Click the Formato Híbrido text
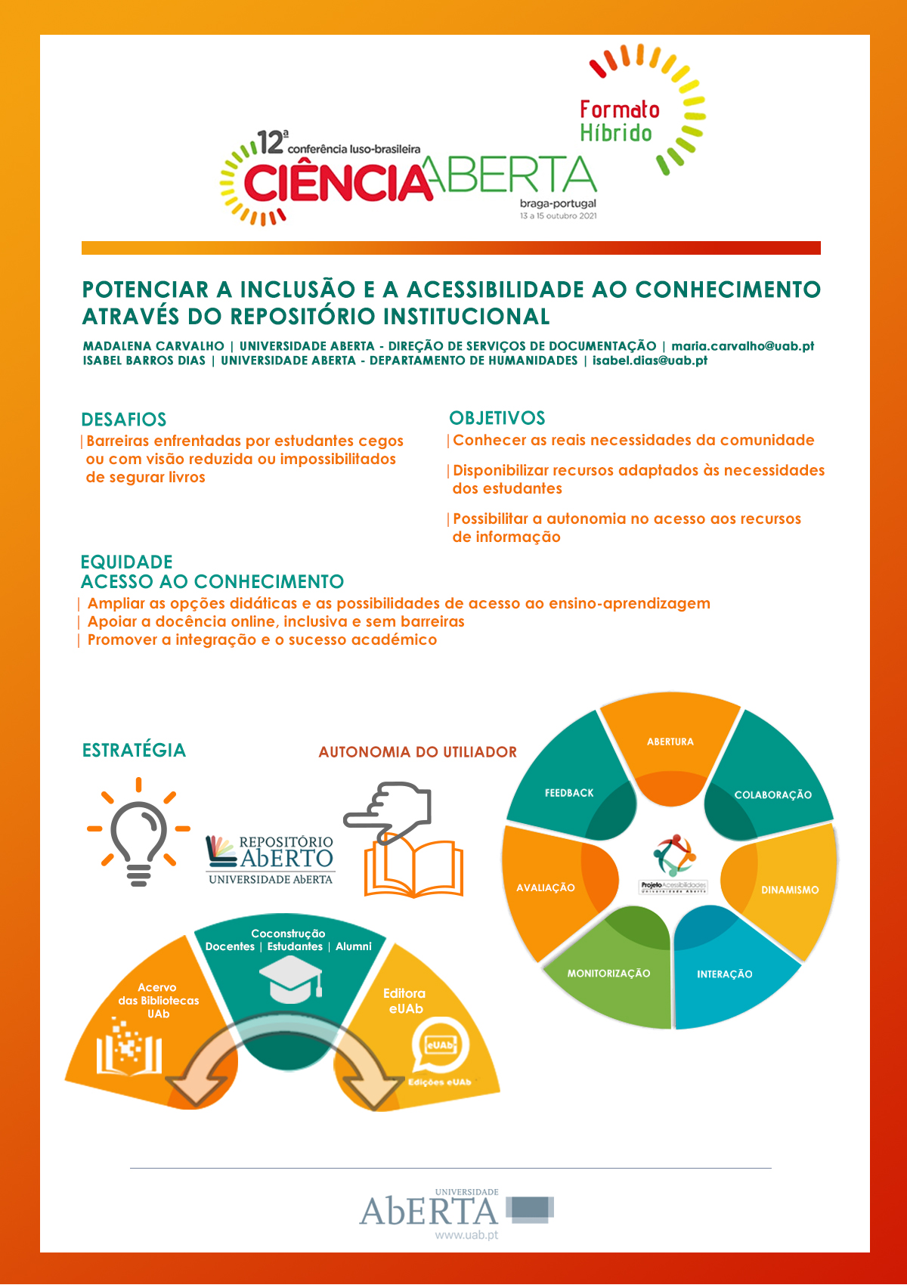click(x=619, y=121)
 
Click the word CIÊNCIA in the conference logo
click(x=336, y=182)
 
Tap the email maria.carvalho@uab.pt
click(x=742, y=346)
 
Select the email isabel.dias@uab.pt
click(x=649, y=361)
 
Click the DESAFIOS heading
click(x=124, y=420)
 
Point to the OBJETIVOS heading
click(x=497, y=418)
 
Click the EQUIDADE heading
click(x=126, y=562)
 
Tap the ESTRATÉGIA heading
click(x=134, y=750)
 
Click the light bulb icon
click(x=138, y=831)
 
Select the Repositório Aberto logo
click(x=270, y=859)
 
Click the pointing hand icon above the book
click(x=388, y=812)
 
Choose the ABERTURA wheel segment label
click(x=670, y=742)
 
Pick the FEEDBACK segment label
click(x=569, y=793)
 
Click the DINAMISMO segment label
click(x=790, y=890)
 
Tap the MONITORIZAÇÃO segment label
click(x=608, y=974)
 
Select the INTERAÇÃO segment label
click(x=724, y=974)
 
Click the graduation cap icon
click(x=290, y=980)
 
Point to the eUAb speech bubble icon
click(x=440, y=1046)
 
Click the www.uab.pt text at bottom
click(x=466, y=1235)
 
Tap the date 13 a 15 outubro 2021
click(x=558, y=216)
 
